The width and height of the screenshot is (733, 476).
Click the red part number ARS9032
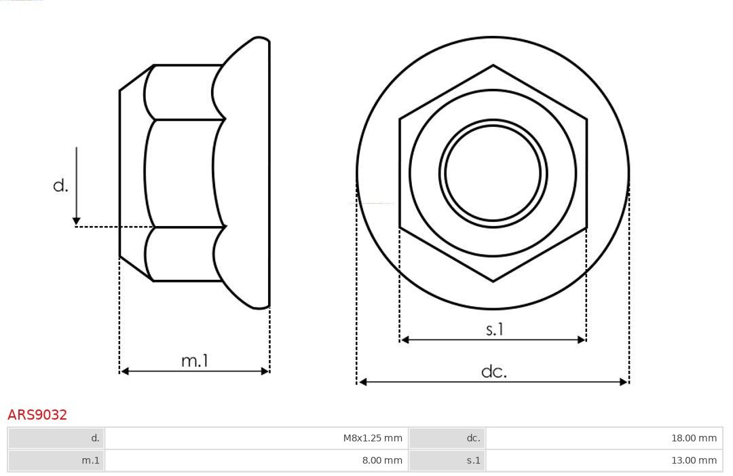37,415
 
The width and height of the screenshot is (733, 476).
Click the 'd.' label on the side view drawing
61,185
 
